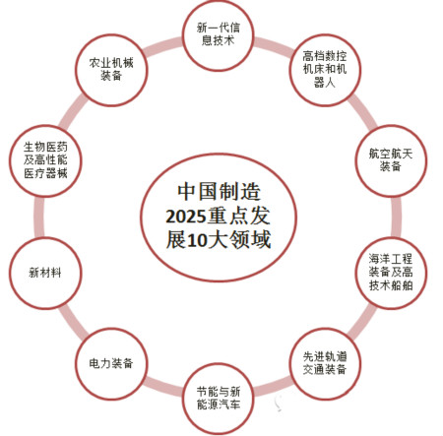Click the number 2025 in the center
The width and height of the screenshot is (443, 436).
(x=185, y=217)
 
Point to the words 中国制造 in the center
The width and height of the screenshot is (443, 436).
(x=219, y=192)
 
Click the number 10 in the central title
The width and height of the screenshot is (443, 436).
(x=197, y=241)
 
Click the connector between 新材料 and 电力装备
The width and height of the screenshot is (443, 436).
(x=72, y=323)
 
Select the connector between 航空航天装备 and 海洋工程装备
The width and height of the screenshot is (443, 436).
(x=397, y=217)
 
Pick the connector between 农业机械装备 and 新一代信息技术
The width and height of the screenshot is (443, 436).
(x=163, y=47)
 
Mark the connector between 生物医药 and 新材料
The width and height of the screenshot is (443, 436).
(x=39, y=217)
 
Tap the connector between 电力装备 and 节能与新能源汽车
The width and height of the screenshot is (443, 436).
(x=163, y=387)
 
